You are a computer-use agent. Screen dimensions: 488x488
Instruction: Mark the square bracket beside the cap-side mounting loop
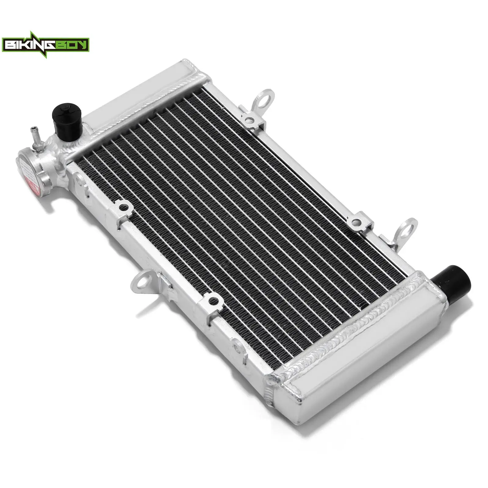tap(213, 302)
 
